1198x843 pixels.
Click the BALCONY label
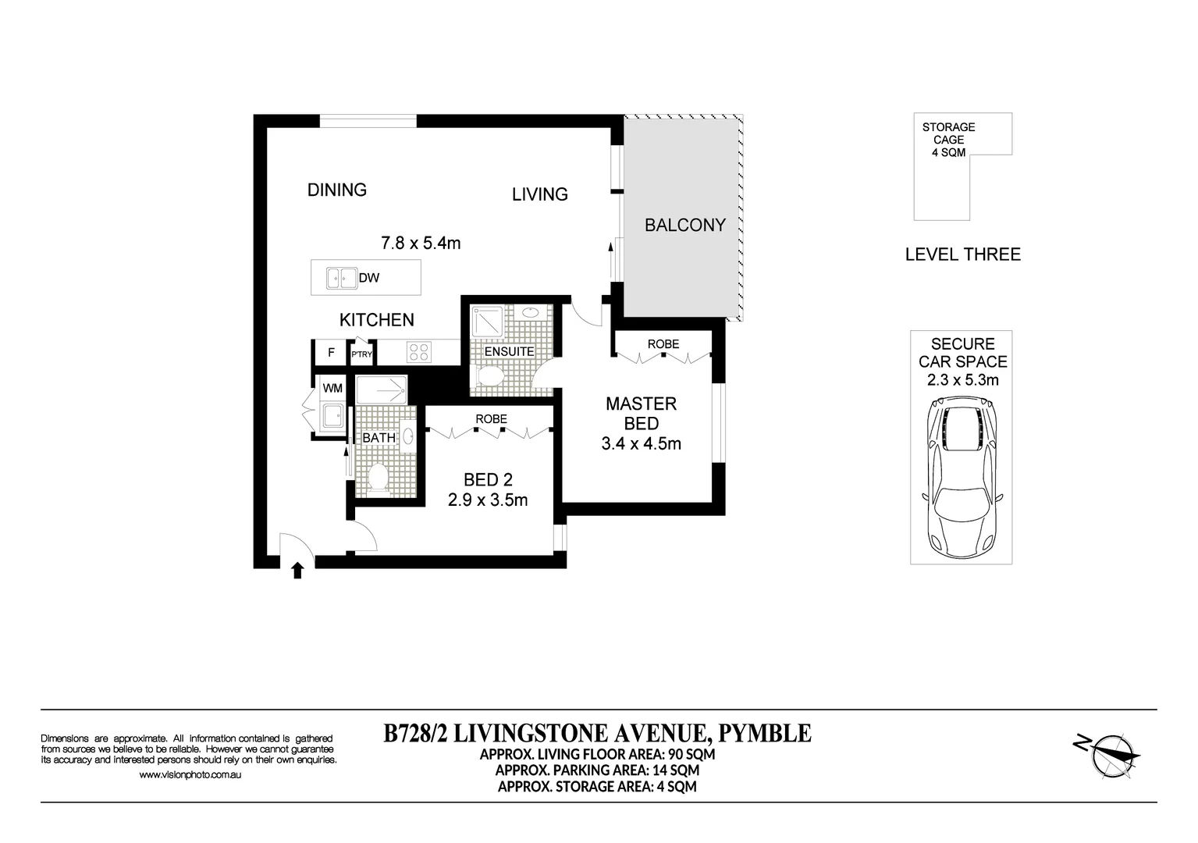tap(684, 225)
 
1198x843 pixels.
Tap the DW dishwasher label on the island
tap(369, 278)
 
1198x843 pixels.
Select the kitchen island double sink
tap(341, 277)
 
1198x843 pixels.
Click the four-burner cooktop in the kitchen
tap(418, 353)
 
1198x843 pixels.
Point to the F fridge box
tap(331, 353)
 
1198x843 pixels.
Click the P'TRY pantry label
tap(361, 354)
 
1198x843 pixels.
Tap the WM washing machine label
tap(332, 388)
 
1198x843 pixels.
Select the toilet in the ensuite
tap(490, 376)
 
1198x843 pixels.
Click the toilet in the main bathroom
tap(379, 478)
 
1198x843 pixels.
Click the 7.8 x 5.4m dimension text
tap(421, 243)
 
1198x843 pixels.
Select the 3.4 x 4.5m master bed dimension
tap(641, 444)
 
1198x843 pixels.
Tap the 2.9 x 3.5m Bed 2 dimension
tap(488, 500)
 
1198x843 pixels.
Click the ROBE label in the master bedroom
tap(663, 343)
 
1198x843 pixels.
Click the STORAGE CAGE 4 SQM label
tap(948, 140)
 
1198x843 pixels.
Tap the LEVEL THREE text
tap(962, 254)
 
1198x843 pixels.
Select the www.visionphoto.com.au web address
tap(190, 775)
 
